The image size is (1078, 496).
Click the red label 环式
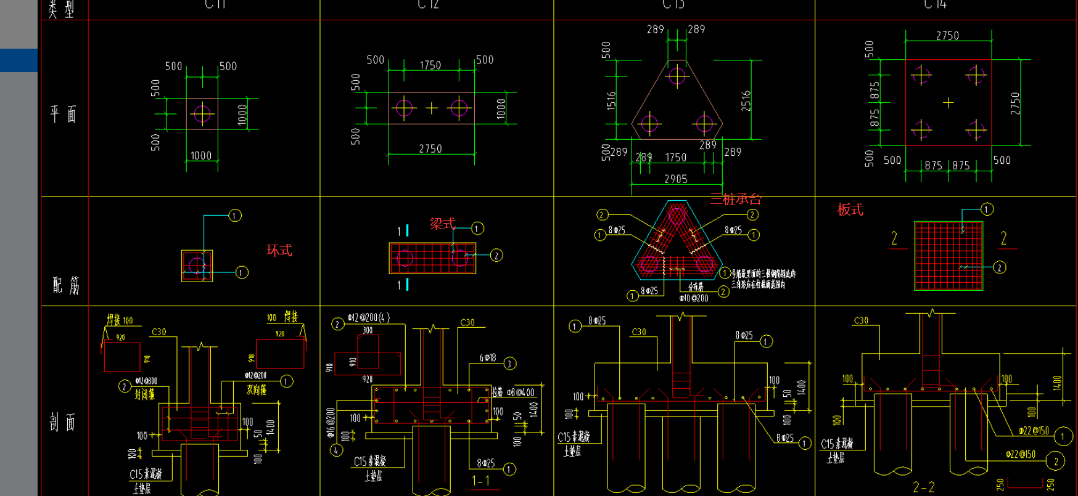pyautogui.click(x=279, y=250)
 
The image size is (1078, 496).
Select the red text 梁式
pyautogui.click(x=442, y=224)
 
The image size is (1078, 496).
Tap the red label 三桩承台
pyautogui.click(x=735, y=199)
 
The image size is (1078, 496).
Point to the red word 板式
pyautogui.click(x=850, y=209)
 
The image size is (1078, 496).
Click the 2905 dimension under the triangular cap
pyautogui.click(x=676, y=179)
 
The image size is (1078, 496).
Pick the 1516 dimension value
pyautogui.click(x=611, y=100)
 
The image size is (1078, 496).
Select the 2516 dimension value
pyautogui.click(x=746, y=100)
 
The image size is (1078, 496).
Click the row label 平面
pyautogui.click(x=64, y=114)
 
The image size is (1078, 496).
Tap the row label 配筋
pyautogui.click(x=65, y=285)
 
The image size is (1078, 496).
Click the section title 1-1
pyautogui.click(x=480, y=481)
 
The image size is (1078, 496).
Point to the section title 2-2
pyautogui.click(x=923, y=487)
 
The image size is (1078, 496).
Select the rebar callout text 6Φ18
pyautogui.click(x=487, y=357)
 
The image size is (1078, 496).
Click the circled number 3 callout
pyautogui.click(x=509, y=364)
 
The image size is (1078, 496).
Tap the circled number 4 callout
pyautogui.click(x=336, y=450)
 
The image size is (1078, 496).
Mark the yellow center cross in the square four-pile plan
pyautogui.click(x=948, y=103)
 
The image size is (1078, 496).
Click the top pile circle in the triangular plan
pyautogui.click(x=677, y=76)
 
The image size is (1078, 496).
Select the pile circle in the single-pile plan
pyautogui.click(x=202, y=113)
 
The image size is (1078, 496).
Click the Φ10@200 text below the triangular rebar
pyautogui.click(x=694, y=298)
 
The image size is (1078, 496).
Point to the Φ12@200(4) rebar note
pyautogui.click(x=368, y=317)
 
